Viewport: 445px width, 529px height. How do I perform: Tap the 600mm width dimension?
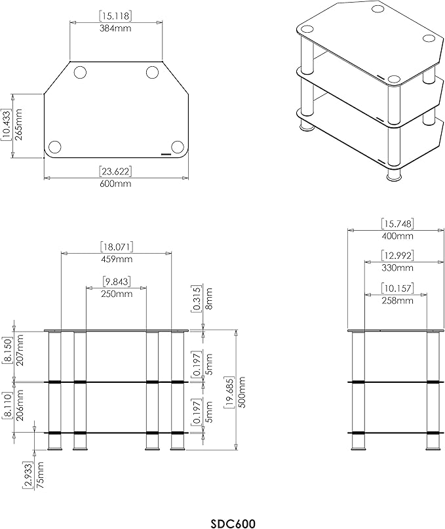click(116, 184)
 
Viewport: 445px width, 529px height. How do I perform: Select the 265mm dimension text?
click(18, 125)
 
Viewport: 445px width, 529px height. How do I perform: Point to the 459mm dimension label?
click(116, 259)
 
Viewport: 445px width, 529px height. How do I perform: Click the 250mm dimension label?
click(116, 294)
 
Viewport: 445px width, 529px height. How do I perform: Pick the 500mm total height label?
click(242, 392)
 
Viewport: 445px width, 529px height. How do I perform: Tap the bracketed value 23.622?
click(116, 172)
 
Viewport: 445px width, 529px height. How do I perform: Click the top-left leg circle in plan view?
click(79, 73)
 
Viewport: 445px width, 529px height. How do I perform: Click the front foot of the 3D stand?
click(393, 175)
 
